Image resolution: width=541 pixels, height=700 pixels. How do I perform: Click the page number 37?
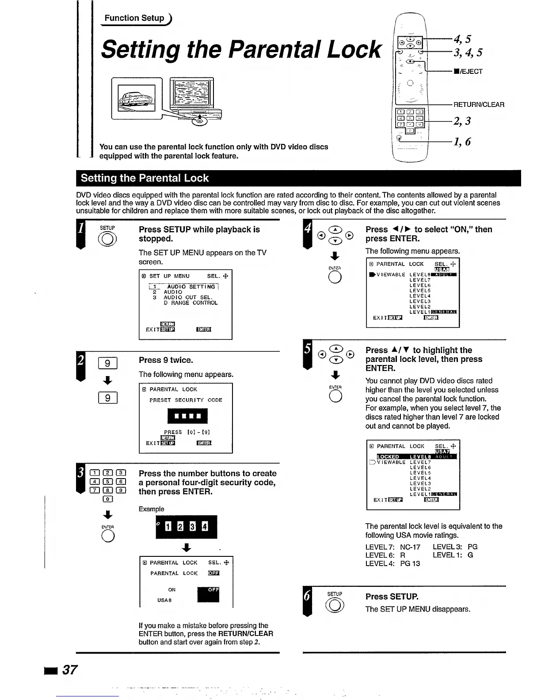[x=69, y=670]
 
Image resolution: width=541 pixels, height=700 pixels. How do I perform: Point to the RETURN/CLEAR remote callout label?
[x=479, y=105]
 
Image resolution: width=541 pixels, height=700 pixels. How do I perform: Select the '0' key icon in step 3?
[x=108, y=499]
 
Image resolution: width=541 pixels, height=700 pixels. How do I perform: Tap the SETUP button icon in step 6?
[x=335, y=604]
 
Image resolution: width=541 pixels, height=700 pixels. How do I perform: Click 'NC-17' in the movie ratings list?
[x=410, y=547]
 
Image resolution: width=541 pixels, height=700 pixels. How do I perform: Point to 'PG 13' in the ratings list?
[x=410, y=563]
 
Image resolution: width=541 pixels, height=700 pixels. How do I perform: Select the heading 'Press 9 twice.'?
[x=166, y=360]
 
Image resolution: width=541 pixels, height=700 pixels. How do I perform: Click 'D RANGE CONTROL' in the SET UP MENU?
[x=190, y=303]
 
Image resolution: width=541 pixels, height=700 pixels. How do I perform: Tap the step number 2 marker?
[x=80, y=360]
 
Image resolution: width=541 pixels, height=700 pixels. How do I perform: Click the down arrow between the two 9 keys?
[x=107, y=380]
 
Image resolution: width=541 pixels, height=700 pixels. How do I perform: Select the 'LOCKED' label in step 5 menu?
[x=389, y=457]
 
